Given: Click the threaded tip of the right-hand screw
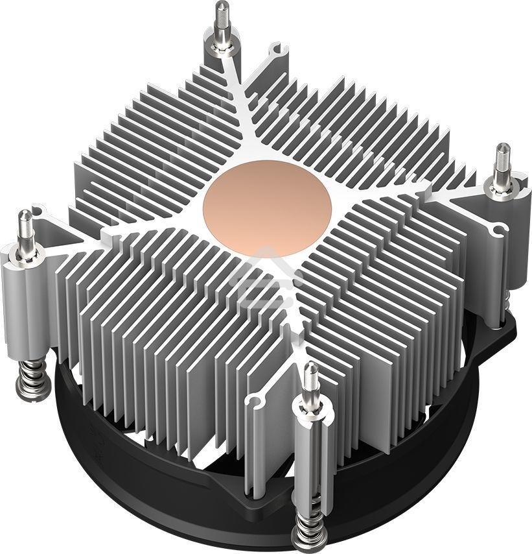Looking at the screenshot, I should [502, 158].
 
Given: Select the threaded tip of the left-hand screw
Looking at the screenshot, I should [25, 224].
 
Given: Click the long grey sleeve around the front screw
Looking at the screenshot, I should [310, 454].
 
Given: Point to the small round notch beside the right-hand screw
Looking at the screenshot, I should [498, 228].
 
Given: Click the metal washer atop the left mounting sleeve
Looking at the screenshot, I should [26, 248].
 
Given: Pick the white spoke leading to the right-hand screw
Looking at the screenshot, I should [415, 195].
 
